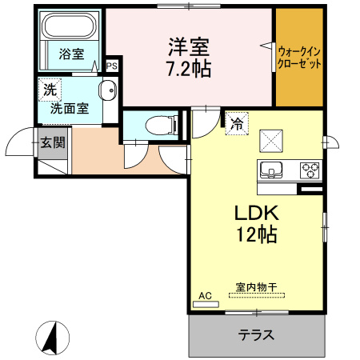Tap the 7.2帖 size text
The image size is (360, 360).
pyautogui.click(x=190, y=69)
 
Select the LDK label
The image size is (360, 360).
pyautogui.click(x=255, y=214)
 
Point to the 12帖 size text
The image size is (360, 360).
pyautogui.click(x=255, y=236)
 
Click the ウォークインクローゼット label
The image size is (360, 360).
pyautogui.click(x=299, y=54)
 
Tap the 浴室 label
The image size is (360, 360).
pyautogui.click(x=71, y=54)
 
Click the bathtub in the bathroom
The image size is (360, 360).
pyautogui.click(x=69, y=29)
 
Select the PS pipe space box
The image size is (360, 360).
pyautogui.click(x=111, y=66)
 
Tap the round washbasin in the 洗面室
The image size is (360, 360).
pyautogui.click(x=106, y=89)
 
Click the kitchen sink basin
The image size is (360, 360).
pyautogui.click(x=271, y=170)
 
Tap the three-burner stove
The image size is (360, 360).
pyautogui.click(x=310, y=170)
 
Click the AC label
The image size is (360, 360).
pyautogui.click(x=205, y=296)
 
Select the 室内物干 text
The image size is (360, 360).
pyautogui.click(x=255, y=286)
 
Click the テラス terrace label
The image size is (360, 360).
pyautogui.click(x=256, y=335)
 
